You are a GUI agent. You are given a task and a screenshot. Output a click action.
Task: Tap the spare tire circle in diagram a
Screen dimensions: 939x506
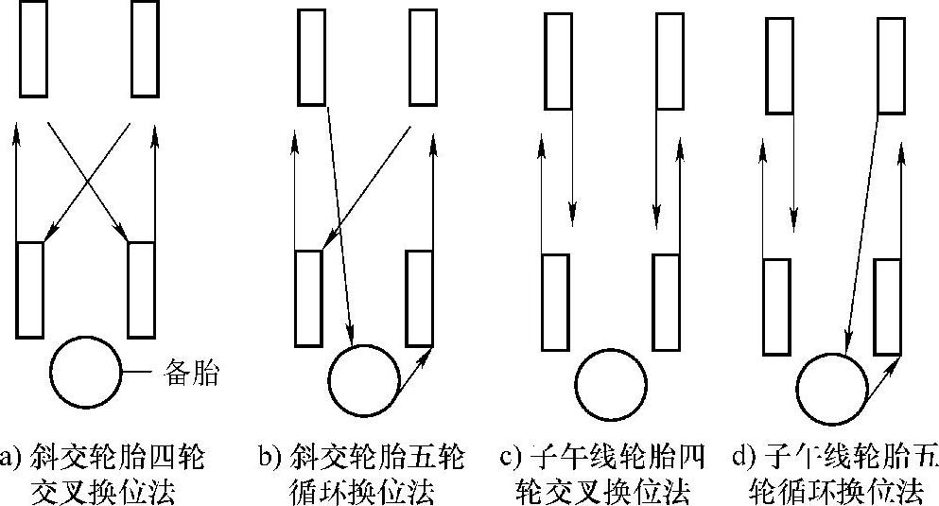pos(86,373)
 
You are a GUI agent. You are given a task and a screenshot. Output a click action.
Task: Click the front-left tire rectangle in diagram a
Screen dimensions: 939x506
pos(33,48)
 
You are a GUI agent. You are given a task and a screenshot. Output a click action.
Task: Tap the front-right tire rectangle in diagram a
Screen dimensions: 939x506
pos(145,48)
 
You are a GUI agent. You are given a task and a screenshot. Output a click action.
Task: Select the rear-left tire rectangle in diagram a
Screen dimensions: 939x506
pos(30,289)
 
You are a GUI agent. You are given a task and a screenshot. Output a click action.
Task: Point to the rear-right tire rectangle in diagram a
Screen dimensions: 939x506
pos(141,289)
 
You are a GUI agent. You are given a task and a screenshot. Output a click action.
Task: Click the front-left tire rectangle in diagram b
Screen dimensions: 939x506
pos(311,58)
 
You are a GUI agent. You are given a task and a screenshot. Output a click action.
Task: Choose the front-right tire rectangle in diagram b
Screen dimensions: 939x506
pos(423,58)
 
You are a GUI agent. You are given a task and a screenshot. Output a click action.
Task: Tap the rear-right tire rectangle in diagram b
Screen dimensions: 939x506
pos(419,298)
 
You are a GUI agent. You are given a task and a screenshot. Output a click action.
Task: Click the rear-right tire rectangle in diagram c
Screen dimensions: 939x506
pos(666,301)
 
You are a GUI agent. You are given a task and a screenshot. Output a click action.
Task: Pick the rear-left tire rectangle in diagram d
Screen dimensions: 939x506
pos(776,306)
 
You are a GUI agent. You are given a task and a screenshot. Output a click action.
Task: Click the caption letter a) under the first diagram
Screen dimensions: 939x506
pos(10,461)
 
